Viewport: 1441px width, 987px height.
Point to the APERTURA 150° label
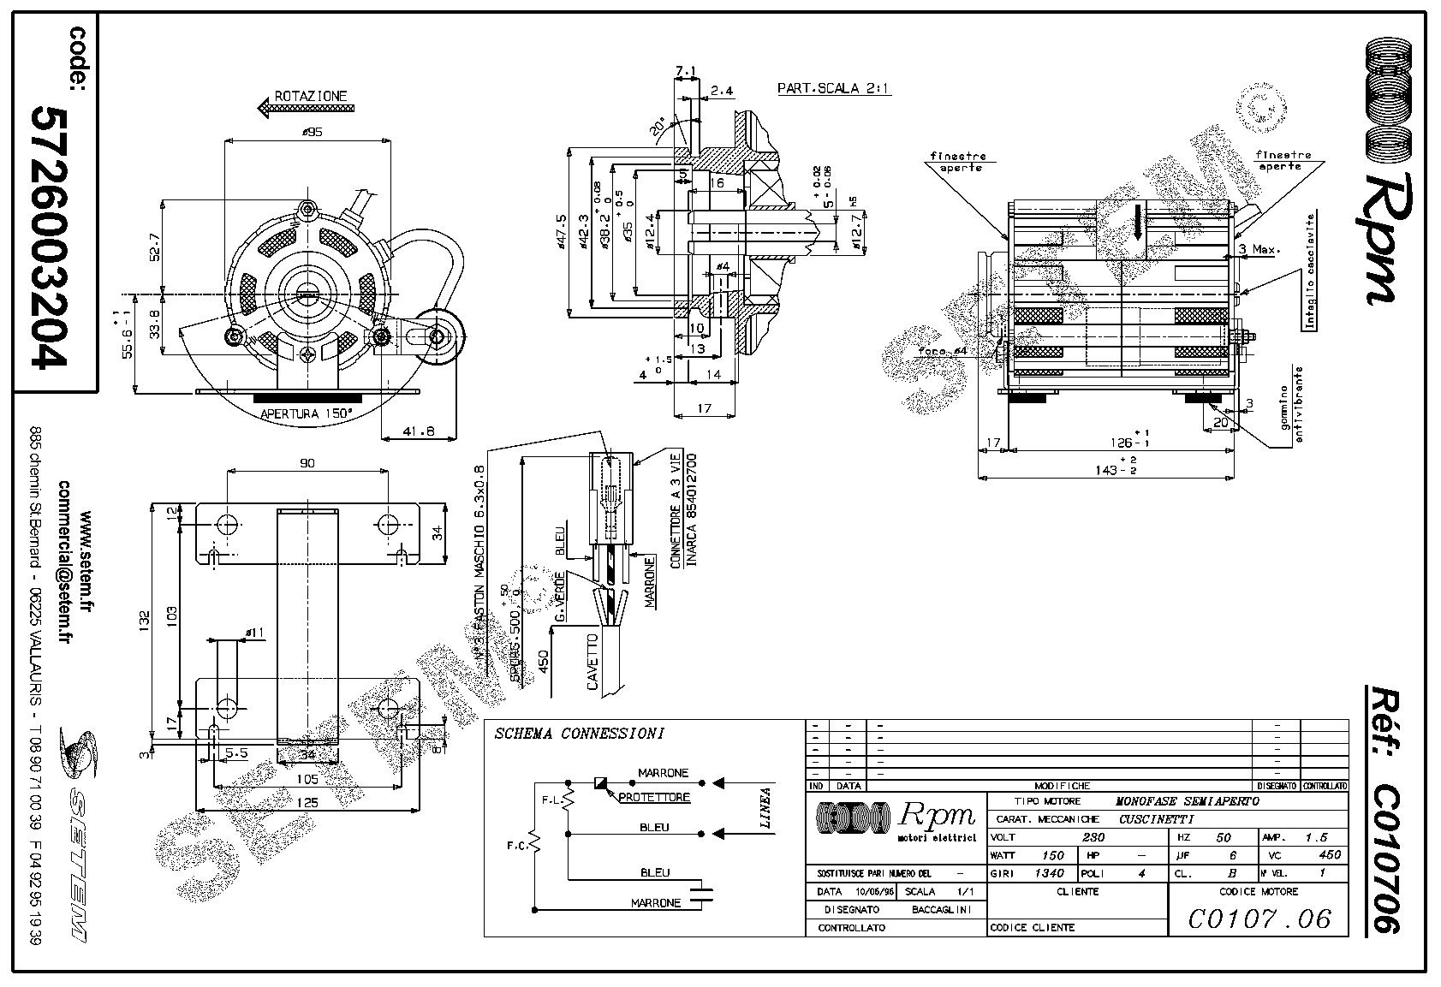pyautogui.click(x=307, y=413)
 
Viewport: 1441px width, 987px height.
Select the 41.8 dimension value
pyautogui.click(x=419, y=431)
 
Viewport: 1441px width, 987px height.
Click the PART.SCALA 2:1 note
pyautogui.click(x=833, y=88)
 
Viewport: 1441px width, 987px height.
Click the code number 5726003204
pyautogui.click(x=50, y=236)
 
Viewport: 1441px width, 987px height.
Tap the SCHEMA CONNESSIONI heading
pyautogui.click(x=579, y=734)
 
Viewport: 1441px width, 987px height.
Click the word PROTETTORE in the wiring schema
pyautogui.click(x=655, y=798)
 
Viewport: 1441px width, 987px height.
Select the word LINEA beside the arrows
pyautogui.click(x=765, y=807)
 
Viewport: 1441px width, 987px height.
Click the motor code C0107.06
pyautogui.click(x=1260, y=919)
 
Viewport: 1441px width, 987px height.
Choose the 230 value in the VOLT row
pyautogui.click(x=1094, y=837)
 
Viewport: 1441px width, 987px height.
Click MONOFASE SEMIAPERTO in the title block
pyautogui.click(x=1187, y=801)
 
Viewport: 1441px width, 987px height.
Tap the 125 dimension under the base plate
pyautogui.click(x=307, y=802)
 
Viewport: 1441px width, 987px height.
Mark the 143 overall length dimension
pyautogui.click(x=1109, y=470)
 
